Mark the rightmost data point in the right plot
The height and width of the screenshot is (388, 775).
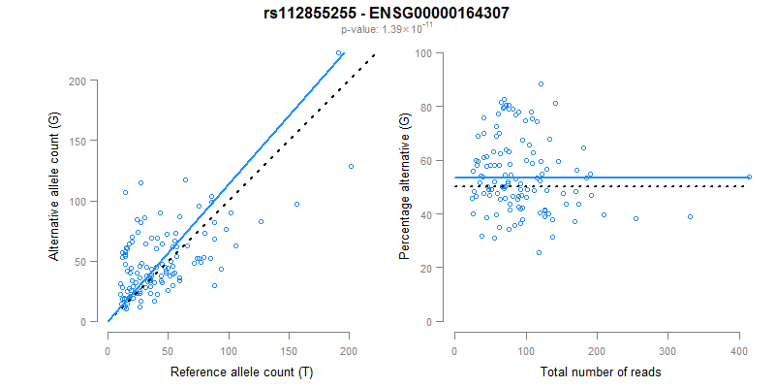pos(749,177)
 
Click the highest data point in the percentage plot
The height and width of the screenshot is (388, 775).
pos(541,83)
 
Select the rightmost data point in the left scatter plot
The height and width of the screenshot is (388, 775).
pos(351,166)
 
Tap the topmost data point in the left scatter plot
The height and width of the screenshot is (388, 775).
pos(338,53)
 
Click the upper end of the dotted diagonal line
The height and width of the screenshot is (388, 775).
pos(374,55)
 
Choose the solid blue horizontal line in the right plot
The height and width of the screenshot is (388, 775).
pos(630,178)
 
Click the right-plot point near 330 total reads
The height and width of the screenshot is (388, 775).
pos(690,216)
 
